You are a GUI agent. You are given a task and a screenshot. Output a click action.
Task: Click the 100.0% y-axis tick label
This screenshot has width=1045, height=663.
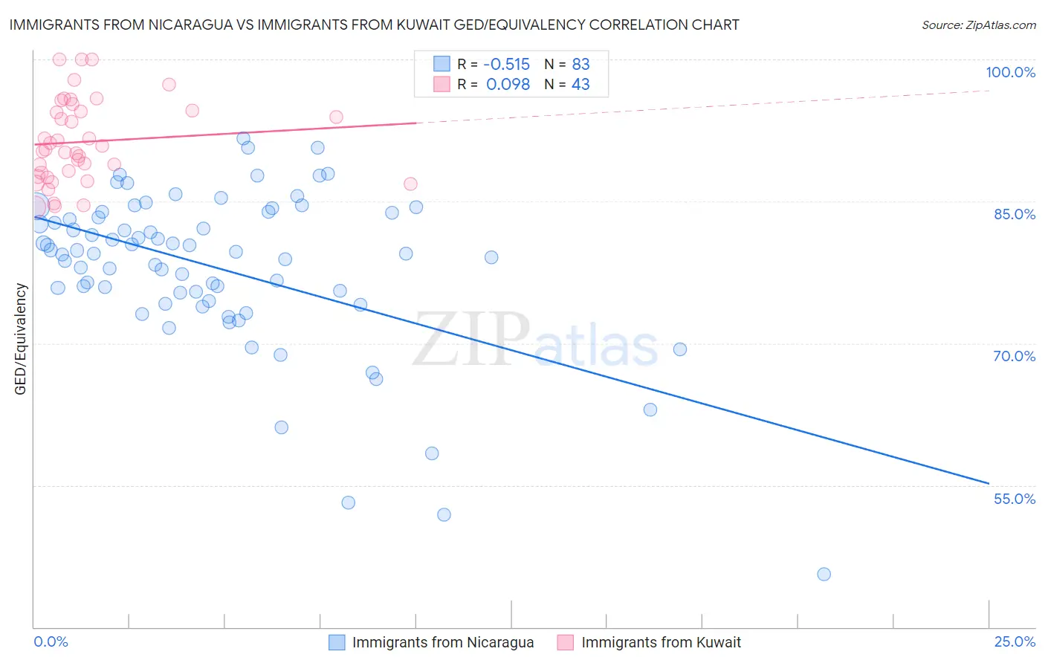[x=1010, y=72]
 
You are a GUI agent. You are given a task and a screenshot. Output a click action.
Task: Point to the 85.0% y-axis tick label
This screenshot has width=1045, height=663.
[x=1015, y=214]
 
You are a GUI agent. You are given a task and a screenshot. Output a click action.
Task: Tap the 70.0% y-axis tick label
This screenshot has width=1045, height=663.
[x=1014, y=356]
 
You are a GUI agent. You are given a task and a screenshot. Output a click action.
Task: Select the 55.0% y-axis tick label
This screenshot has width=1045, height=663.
[x=1014, y=499]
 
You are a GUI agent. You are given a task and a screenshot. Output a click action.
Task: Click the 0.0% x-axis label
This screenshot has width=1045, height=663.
[x=51, y=642]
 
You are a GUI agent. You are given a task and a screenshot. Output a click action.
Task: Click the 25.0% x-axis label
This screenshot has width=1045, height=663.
[x=1015, y=642]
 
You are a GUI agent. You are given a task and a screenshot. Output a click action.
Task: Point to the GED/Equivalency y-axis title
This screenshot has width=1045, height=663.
[x=21, y=339]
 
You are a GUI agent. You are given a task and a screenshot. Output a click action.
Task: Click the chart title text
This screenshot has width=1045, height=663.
[x=374, y=25]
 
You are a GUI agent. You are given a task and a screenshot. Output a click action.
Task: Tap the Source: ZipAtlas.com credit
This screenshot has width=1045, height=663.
[x=978, y=25]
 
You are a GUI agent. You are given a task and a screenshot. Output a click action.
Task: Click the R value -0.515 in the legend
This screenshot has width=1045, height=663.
[x=506, y=64]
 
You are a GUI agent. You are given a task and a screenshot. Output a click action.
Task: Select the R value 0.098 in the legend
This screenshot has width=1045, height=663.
[x=508, y=84]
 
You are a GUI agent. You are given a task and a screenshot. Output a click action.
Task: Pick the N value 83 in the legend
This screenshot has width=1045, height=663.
[x=580, y=64]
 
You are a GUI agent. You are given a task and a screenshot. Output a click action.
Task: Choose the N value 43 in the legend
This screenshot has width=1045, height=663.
[x=580, y=84]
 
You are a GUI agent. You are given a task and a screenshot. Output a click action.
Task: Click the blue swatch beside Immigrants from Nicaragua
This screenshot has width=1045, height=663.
[x=337, y=642]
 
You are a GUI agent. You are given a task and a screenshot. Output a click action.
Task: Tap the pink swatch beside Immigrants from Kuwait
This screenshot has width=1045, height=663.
[x=566, y=642]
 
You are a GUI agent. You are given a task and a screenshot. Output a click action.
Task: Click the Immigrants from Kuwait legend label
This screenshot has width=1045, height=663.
[x=661, y=642]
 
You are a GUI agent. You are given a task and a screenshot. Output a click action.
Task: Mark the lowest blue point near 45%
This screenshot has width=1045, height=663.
[x=824, y=574]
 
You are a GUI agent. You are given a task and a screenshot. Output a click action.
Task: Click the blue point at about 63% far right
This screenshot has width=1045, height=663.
[x=650, y=410]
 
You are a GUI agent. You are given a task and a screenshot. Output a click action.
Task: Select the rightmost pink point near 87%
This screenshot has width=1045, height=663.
[x=410, y=184]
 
